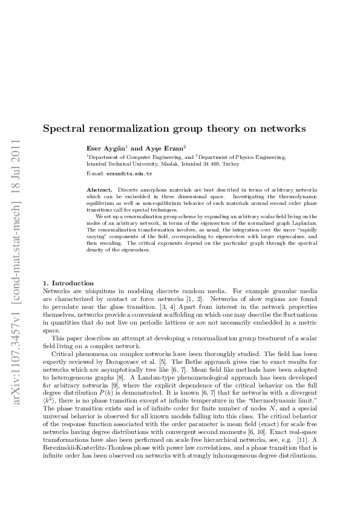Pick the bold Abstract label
[100, 190]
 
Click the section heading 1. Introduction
[68, 283]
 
